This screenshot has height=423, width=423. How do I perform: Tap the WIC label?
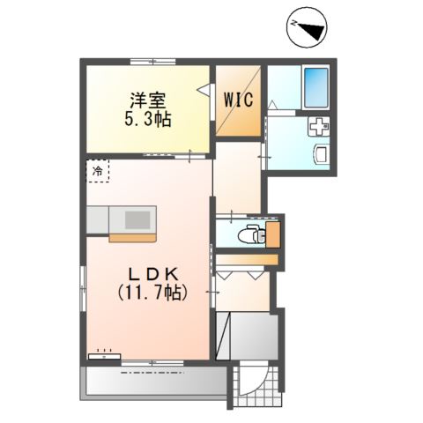[x=238, y=99]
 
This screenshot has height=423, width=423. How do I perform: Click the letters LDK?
[x=147, y=275]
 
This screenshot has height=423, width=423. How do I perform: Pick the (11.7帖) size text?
[x=147, y=293]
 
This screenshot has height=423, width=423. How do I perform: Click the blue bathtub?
[x=315, y=85]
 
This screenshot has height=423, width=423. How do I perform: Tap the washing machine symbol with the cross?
[x=317, y=128]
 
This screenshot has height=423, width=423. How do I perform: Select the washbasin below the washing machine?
[x=320, y=157]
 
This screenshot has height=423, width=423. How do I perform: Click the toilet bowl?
[x=253, y=234]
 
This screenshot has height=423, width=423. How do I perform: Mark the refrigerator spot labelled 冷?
[x=98, y=169]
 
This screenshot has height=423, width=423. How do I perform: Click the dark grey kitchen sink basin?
[x=137, y=218]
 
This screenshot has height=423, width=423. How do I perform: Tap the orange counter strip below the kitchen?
[x=132, y=236]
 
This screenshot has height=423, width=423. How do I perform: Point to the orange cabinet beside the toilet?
[x=273, y=234]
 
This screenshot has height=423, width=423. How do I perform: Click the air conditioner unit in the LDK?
[x=104, y=357]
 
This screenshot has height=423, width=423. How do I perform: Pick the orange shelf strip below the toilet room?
[x=248, y=260]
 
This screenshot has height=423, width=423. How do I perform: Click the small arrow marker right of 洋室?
[x=202, y=89]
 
